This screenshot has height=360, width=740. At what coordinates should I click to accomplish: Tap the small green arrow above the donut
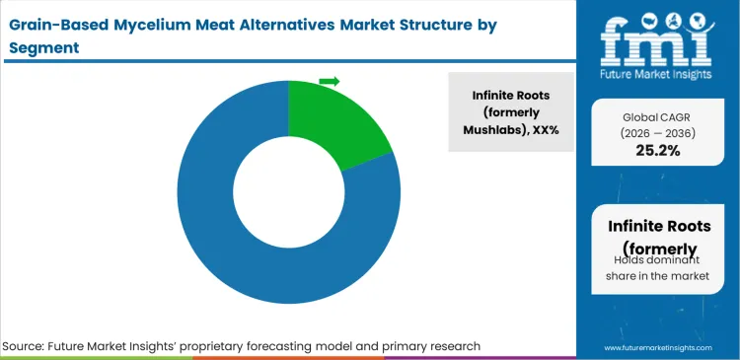click(330, 81)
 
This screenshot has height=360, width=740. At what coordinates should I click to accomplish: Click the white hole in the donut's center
click(288, 193)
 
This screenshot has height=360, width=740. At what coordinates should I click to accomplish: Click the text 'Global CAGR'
click(650, 115)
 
